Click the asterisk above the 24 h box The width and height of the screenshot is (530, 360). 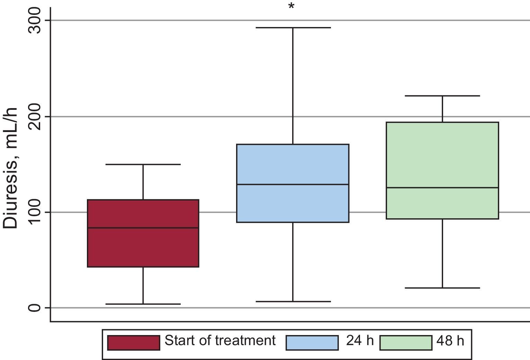click(x=291, y=7)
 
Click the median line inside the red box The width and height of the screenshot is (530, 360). click(x=143, y=228)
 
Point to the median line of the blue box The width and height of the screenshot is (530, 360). click(x=293, y=184)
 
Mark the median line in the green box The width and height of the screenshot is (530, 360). click(x=442, y=187)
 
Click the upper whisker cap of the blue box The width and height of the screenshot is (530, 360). click(x=293, y=27)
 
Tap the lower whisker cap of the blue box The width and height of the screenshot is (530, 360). click(x=293, y=301)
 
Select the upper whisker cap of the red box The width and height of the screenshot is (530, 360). click(x=143, y=164)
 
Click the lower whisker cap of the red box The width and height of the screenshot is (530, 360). click(x=143, y=304)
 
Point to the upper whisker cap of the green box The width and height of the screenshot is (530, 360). click(x=442, y=96)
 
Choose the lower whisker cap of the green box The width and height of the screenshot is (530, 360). click(x=442, y=288)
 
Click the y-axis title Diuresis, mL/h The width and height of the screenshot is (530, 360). click(x=11, y=168)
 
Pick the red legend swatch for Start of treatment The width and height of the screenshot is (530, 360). click(x=134, y=343)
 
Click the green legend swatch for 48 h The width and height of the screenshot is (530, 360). click(x=406, y=343)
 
